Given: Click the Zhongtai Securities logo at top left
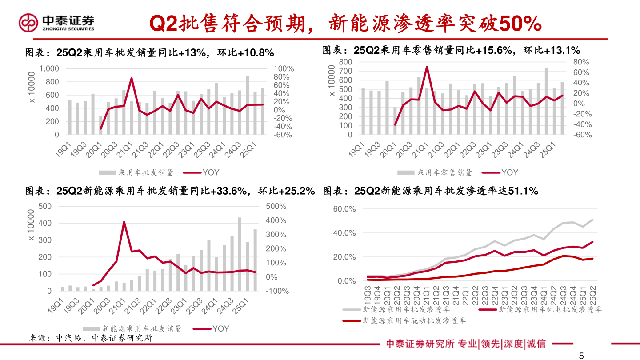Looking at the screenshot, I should (x=56, y=22).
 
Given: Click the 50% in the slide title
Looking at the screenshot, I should (x=520, y=24).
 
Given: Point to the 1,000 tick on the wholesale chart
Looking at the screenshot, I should (x=49, y=69).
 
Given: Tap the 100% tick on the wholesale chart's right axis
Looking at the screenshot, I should (x=284, y=69).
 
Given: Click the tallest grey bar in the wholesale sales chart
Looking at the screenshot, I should (x=247, y=105).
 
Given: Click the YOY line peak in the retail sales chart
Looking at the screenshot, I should (x=427, y=68).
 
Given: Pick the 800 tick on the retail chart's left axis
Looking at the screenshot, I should (x=346, y=62).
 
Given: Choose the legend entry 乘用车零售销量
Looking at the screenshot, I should (x=444, y=172).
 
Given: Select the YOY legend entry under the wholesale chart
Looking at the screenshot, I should (x=211, y=172).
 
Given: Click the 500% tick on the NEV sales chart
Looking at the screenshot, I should (x=276, y=206).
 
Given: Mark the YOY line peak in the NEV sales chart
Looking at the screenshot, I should (x=124, y=222).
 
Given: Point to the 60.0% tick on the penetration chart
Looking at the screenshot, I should (x=344, y=209).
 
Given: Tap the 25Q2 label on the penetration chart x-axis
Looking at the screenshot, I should (x=592, y=293).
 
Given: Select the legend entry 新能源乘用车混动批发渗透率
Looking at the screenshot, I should (x=414, y=320).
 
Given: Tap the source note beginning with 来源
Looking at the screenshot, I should (x=91, y=338).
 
